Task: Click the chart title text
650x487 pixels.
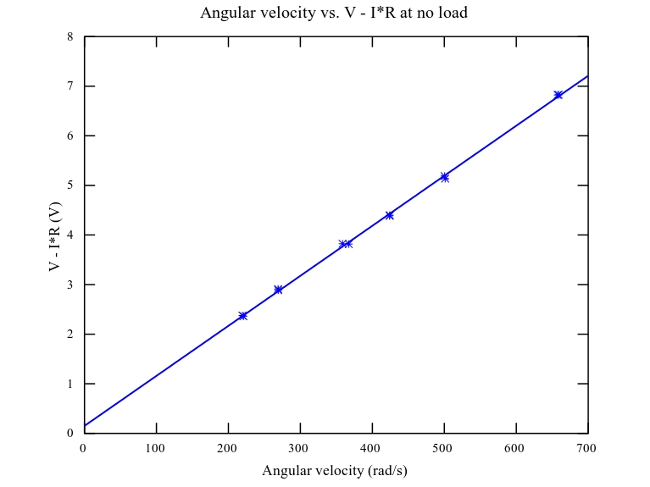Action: point(334,13)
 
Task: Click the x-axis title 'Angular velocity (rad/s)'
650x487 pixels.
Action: point(334,470)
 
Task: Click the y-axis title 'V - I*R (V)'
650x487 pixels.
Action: point(55,235)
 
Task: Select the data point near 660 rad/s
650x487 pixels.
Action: point(558,95)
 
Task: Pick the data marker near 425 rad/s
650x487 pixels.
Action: point(389,215)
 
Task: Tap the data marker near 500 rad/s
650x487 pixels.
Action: point(444,177)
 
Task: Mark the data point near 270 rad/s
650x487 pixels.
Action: point(278,290)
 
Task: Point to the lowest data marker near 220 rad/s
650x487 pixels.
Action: point(242,316)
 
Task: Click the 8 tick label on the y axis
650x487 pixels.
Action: point(69,37)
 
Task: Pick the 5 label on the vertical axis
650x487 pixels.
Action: point(69,185)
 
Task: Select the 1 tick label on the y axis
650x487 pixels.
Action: point(69,384)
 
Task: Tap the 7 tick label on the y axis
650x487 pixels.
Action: point(69,86)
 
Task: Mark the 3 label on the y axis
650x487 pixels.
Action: point(69,285)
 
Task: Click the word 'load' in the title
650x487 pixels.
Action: point(452,13)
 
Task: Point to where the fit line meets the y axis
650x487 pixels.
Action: point(85,425)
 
